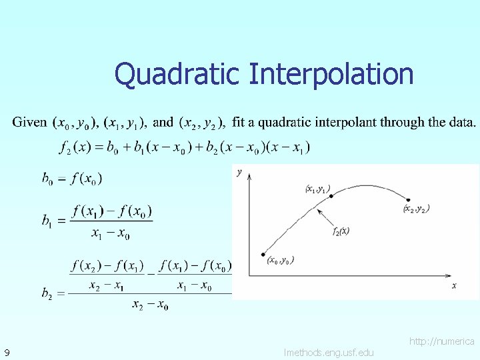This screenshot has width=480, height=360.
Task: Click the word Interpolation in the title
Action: [x=331, y=74]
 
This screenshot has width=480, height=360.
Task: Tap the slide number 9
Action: [x=6, y=352]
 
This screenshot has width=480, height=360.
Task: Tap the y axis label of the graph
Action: [x=239, y=173]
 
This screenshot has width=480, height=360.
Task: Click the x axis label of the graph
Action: [x=454, y=285]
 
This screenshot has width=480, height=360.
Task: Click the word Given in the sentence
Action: [x=30, y=123]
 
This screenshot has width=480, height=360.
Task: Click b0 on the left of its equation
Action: [x=47, y=179]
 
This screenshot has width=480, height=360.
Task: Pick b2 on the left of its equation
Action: [x=47, y=293]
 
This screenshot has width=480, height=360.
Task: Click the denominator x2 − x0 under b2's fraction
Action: [x=150, y=305]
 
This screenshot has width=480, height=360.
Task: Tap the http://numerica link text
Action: [x=442, y=341]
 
